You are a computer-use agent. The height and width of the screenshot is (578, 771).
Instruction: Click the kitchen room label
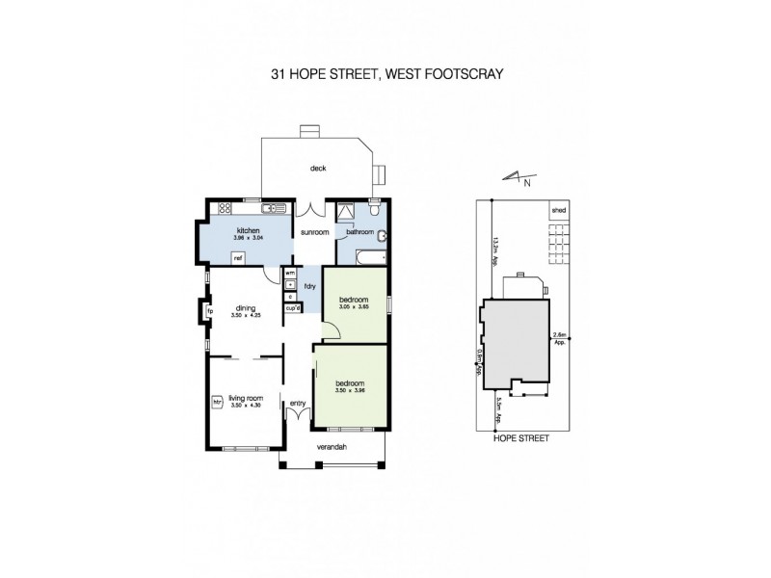click(249, 231)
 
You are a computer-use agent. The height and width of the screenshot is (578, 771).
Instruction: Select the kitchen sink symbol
click(268, 207)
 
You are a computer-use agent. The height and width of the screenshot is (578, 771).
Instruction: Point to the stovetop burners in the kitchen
click(226, 207)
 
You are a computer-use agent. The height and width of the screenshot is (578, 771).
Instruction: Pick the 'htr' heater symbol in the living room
click(217, 401)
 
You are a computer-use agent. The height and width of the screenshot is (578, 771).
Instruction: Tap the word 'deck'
click(318, 168)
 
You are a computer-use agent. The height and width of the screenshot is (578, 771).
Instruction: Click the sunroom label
click(314, 233)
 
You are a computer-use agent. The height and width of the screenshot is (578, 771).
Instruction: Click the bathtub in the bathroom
click(370, 258)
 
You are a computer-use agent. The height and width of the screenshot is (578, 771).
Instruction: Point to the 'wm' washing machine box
click(288, 274)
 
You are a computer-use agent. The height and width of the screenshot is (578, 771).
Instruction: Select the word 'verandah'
click(332, 448)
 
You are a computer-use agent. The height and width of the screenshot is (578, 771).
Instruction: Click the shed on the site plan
click(558, 209)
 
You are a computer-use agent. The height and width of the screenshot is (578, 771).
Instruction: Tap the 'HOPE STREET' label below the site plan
click(520, 437)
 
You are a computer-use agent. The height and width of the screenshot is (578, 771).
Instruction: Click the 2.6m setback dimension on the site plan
click(559, 337)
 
